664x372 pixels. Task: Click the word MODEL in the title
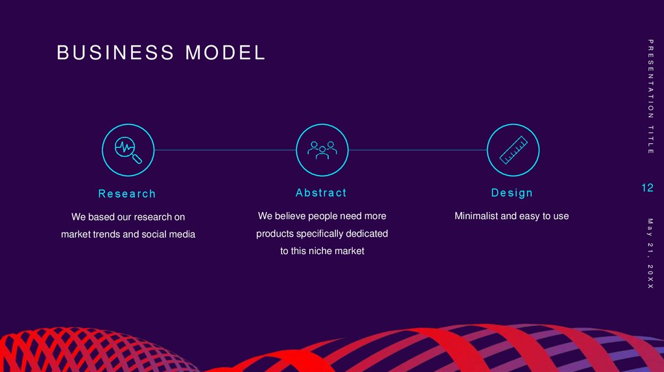pos(226,53)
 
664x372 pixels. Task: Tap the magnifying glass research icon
pos(128,150)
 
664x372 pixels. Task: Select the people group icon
pos(322,150)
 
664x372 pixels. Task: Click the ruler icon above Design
pos(513,150)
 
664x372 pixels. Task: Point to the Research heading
pos(127,194)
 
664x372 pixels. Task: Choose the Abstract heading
pos(321,193)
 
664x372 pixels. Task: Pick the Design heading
pos(512,193)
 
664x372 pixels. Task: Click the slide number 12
pos(647,188)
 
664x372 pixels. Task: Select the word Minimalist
pos(477,216)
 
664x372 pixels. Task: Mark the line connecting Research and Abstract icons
pos(224,150)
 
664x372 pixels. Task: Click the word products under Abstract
pos(275,233)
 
